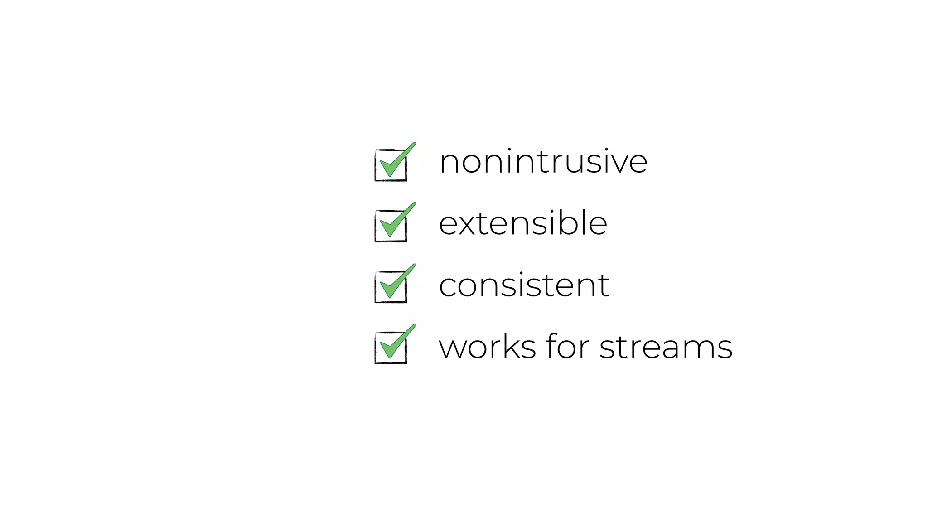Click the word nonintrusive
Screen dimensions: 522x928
543,162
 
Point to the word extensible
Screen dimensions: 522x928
523,223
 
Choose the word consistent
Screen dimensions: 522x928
524,285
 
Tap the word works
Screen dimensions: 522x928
488,347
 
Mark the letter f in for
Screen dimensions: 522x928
551,346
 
